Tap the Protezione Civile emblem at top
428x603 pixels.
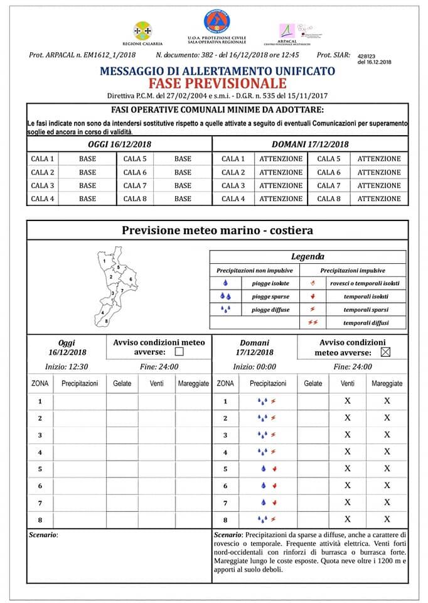(x=217, y=21)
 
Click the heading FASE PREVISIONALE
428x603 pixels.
(x=217, y=84)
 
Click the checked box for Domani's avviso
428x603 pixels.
(x=385, y=352)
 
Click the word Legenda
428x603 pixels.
(x=308, y=256)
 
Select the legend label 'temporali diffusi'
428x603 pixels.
(x=365, y=323)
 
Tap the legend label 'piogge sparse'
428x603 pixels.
(x=270, y=296)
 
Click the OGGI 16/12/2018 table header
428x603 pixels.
(x=119, y=144)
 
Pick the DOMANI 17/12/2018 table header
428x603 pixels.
(x=310, y=144)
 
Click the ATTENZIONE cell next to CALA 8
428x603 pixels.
(x=378, y=199)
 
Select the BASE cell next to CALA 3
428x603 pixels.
(x=88, y=186)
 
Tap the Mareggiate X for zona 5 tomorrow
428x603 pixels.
(x=387, y=469)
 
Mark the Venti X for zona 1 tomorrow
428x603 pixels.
(x=348, y=401)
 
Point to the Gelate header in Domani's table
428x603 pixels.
(x=313, y=383)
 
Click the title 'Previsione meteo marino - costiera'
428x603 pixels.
(x=217, y=231)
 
